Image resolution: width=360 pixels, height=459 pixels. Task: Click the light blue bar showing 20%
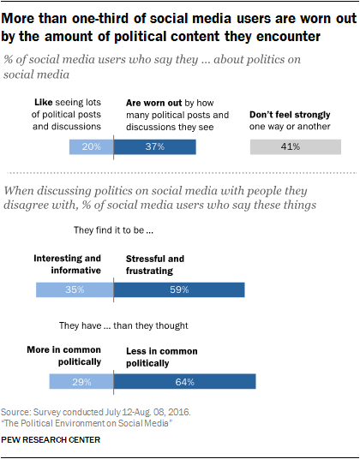91,147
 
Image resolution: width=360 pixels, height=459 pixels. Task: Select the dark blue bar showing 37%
154,147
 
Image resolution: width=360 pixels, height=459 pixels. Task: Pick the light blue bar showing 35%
75,290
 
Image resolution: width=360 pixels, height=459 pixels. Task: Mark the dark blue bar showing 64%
184,380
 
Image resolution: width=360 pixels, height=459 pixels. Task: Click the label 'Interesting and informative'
68,265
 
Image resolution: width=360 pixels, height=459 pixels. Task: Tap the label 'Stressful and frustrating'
155,265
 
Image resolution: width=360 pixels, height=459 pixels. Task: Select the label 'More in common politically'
64,355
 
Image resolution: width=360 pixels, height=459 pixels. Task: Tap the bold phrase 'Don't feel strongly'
291,114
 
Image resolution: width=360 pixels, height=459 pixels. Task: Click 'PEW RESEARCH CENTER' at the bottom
57,440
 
